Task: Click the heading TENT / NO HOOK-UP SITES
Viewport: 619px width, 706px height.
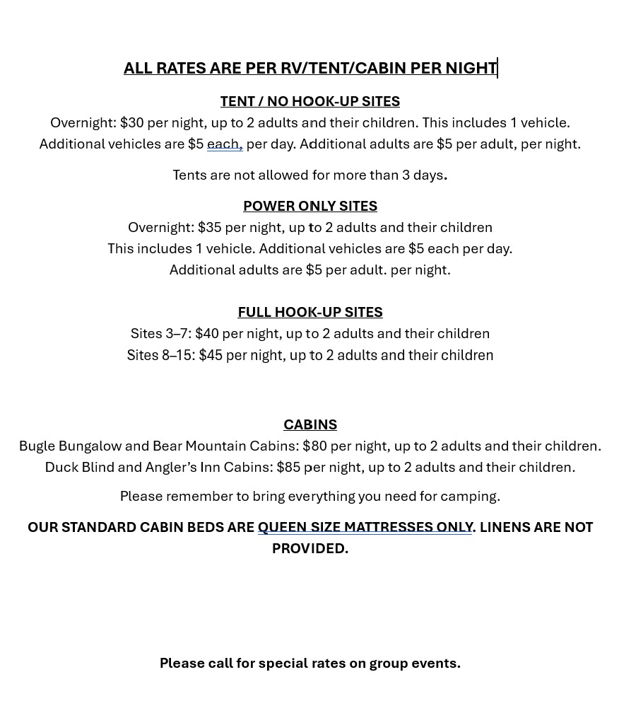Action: pyautogui.click(x=309, y=101)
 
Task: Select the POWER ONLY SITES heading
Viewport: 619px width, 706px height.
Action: pyautogui.click(x=309, y=206)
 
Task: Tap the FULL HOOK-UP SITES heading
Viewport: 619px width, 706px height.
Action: pyautogui.click(x=309, y=312)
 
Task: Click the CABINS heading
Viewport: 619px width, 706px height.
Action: pyautogui.click(x=309, y=424)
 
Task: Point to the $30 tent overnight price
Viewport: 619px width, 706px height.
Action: pyautogui.click(x=131, y=122)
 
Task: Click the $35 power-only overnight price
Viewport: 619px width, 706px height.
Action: pyautogui.click(x=209, y=227)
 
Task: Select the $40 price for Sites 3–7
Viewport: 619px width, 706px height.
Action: pyautogui.click(x=206, y=333)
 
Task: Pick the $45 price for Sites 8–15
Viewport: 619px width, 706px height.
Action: pyautogui.click(x=210, y=355)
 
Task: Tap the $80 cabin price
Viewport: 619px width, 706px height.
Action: pyautogui.click(x=314, y=446)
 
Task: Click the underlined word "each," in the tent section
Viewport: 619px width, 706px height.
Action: pyautogui.click(x=225, y=144)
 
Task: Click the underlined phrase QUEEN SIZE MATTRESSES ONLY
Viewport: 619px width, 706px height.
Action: pyautogui.click(x=365, y=527)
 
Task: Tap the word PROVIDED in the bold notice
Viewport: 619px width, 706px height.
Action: pyautogui.click(x=308, y=548)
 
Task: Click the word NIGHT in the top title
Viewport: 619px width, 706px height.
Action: pyautogui.click(x=471, y=68)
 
